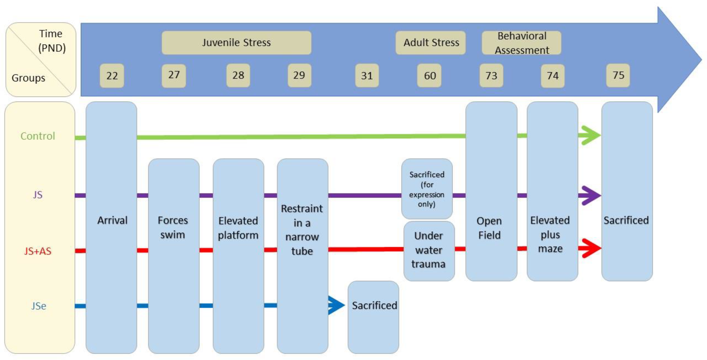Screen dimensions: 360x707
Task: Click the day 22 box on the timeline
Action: (112, 76)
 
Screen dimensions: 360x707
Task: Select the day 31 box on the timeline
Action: (367, 76)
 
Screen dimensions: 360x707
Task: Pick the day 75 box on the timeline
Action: (618, 75)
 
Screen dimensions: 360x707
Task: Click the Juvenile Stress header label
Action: (236, 43)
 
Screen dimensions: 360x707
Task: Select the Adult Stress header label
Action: (431, 43)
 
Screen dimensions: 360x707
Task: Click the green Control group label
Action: (38, 136)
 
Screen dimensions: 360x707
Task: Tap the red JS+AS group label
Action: (38, 251)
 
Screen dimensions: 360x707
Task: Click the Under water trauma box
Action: (429, 250)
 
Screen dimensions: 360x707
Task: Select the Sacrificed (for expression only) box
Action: (427, 189)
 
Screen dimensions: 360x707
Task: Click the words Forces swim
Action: (173, 227)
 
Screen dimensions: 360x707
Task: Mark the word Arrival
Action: (112, 220)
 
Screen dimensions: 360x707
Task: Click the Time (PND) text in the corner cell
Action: (52, 41)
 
